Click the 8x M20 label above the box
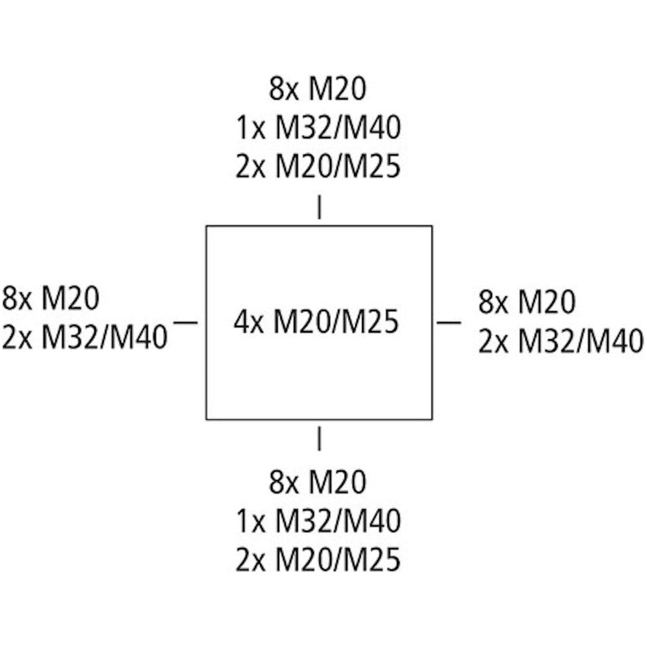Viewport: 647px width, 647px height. click(x=318, y=89)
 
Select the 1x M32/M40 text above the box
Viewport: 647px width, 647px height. click(x=318, y=128)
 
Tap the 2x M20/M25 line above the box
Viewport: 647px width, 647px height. click(x=318, y=166)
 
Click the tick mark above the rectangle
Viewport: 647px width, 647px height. click(x=319, y=207)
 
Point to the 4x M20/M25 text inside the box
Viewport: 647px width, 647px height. click(x=316, y=322)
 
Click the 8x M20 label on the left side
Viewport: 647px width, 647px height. click(x=51, y=298)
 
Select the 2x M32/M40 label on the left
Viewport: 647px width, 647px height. click(x=85, y=337)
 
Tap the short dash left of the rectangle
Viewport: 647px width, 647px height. click(x=186, y=323)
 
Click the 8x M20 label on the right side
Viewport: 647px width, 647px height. click(x=527, y=301)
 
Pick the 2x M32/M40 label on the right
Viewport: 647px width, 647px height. click(x=561, y=341)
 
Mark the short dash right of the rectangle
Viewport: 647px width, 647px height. click(x=449, y=323)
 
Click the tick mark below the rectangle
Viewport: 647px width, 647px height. click(x=319, y=438)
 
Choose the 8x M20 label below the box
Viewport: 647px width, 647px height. click(x=318, y=482)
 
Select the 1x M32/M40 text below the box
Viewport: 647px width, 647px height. click(x=318, y=521)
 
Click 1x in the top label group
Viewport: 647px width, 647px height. click(x=251, y=128)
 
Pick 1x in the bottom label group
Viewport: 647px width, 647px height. click(x=251, y=521)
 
